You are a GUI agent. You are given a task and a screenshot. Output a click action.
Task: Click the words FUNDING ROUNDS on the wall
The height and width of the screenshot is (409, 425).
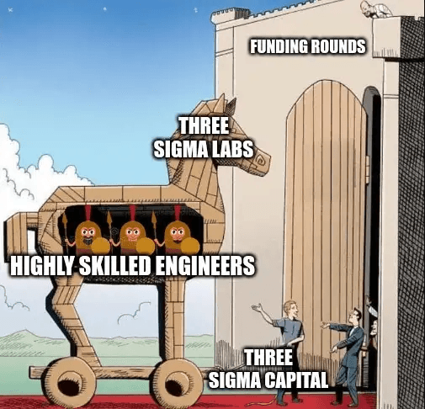308,46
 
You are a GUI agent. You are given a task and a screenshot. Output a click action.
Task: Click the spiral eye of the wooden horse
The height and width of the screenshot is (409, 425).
259,161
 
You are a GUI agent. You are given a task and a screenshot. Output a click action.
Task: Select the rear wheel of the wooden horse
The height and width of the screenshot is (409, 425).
73,383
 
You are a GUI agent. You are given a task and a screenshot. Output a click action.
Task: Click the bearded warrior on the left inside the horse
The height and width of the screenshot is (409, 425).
88,236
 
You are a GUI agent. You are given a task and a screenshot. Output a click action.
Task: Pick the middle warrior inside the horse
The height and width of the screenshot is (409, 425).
133,236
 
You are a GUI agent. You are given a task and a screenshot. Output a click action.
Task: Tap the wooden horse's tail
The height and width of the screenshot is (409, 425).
18,233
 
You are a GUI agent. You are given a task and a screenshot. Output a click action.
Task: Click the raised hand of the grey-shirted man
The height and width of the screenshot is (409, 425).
257,307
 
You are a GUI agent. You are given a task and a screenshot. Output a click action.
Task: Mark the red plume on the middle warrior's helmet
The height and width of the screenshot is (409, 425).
133,214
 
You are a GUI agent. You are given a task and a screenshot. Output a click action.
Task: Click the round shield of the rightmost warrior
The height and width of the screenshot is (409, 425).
190,246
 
